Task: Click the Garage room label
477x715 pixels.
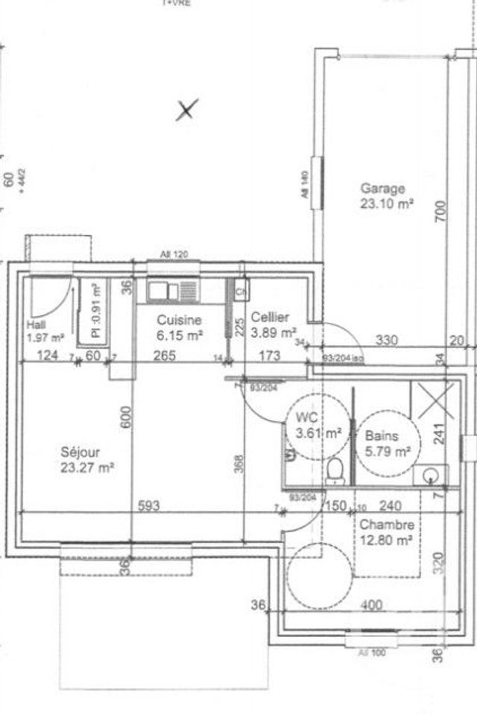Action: click(382, 188)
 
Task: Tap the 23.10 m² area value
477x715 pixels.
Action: click(388, 202)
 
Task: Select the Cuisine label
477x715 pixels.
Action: click(179, 320)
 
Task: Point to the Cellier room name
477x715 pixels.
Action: click(270, 318)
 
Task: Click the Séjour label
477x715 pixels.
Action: click(80, 452)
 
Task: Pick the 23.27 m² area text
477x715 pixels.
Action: click(88, 468)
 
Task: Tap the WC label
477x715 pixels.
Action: click(306, 417)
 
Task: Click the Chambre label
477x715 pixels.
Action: click(386, 525)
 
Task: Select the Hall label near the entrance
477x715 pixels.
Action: click(35, 325)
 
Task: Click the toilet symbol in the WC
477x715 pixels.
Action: click(335, 470)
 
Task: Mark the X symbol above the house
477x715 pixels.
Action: click(186, 110)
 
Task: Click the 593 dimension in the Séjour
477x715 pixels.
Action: click(148, 505)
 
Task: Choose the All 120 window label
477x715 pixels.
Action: click(174, 254)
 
